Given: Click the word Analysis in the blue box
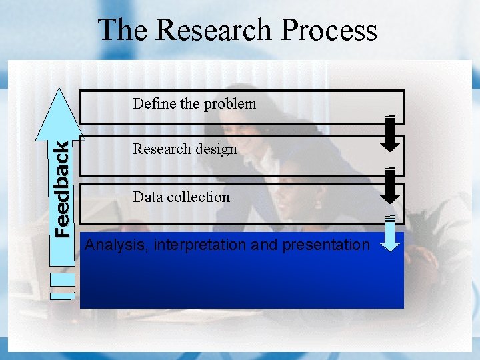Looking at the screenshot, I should coord(116,245).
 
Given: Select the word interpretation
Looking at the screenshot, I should coord(200,245).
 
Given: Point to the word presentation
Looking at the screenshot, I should coord(326,245).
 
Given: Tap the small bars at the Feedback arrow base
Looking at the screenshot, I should coord(63,294).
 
